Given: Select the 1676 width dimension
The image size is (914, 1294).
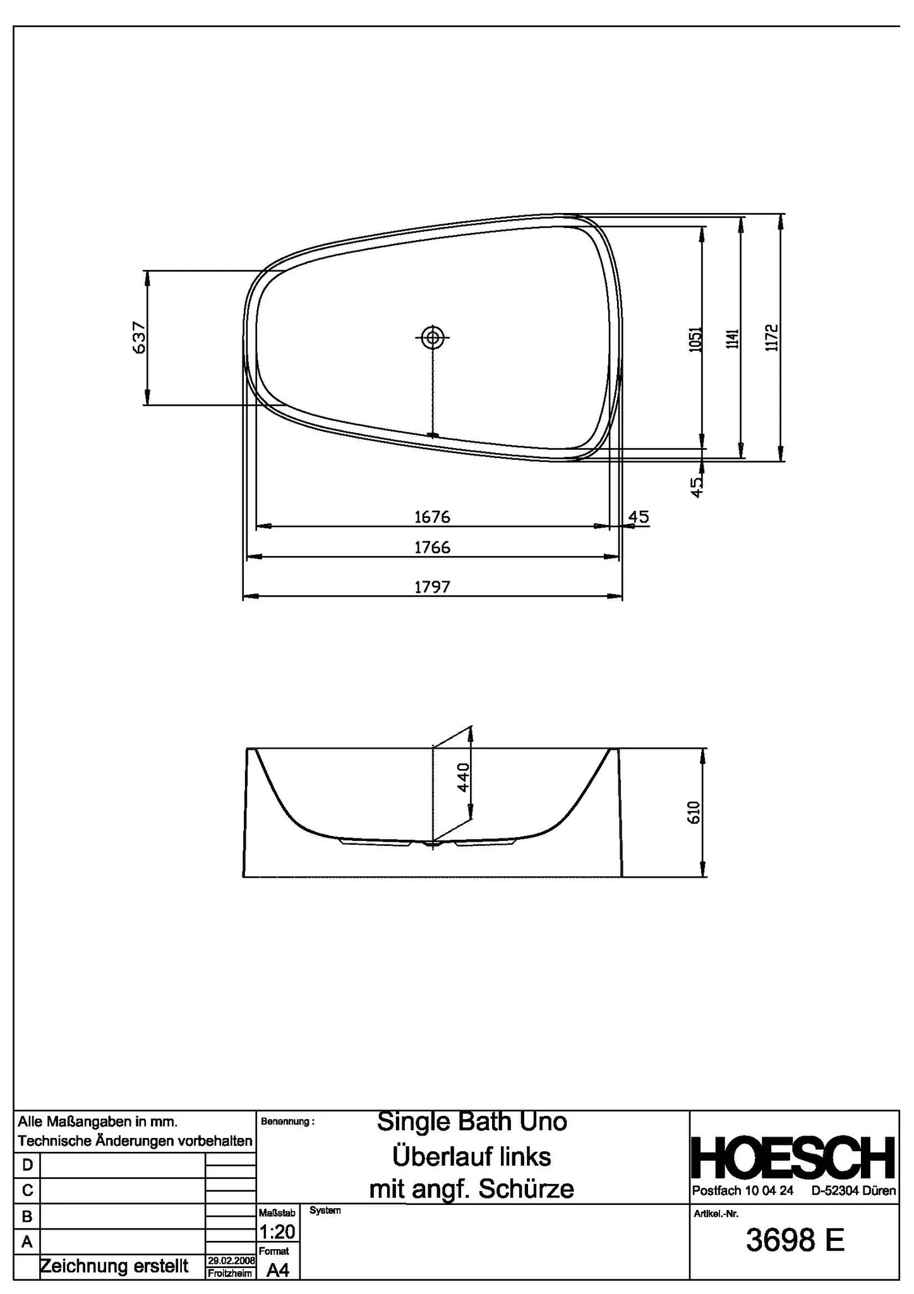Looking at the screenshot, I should pyautogui.click(x=432, y=517).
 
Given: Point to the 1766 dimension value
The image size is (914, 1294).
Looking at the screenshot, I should pyautogui.click(x=432, y=547).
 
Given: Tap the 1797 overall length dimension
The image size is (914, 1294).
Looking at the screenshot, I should pyautogui.click(x=432, y=587).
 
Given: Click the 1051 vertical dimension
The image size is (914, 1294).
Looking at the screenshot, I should pyautogui.click(x=694, y=339).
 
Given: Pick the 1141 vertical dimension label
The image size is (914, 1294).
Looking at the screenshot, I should pyautogui.click(x=732, y=339).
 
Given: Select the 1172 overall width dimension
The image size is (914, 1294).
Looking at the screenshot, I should pyautogui.click(x=771, y=337).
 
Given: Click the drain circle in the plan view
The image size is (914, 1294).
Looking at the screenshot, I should pyautogui.click(x=433, y=337).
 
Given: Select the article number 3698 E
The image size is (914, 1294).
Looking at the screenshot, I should pyautogui.click(x=795, y=1240).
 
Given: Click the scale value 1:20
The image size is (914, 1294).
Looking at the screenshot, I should pyautogui.click(x=277, y=1231).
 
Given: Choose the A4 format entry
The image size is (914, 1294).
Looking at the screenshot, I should pyautogui.click(x=277, y=1270).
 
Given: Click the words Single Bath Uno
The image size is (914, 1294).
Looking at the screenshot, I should pyautogui.click(x=472, y=1122).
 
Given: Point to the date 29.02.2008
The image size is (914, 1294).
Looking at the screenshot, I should pyautogui.click(x=231, y=1261).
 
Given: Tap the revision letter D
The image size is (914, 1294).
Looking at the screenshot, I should pyautogui.click(x=27, y=1164).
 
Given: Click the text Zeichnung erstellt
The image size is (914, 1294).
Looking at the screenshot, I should pyautogui.click(x=114, y=1266).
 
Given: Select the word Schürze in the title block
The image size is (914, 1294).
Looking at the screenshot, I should pyautogui.click(x=526, y=1190).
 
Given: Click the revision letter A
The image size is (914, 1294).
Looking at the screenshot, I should pyautogui.click(x=27, y=1242).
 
